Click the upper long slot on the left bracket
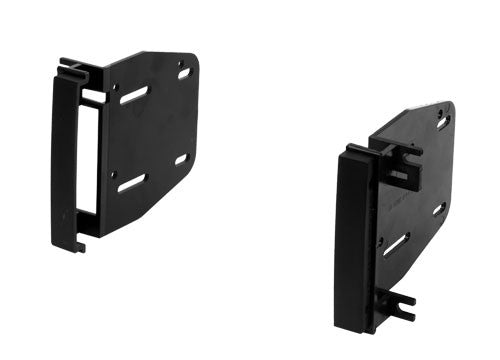[x=134, y=95]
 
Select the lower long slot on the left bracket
[x=133, y=182]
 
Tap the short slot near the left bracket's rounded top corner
[x=184, y=73]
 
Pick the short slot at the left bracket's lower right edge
[x=181, y=159]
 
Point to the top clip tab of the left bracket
[x=72, y=70]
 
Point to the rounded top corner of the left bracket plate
[x=190, y=60]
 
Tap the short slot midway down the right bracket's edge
[x=438, y=209]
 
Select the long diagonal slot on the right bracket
[x=396, y=244]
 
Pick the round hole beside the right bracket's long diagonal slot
[x=380, y=239]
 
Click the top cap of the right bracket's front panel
[x=357, y=151]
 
